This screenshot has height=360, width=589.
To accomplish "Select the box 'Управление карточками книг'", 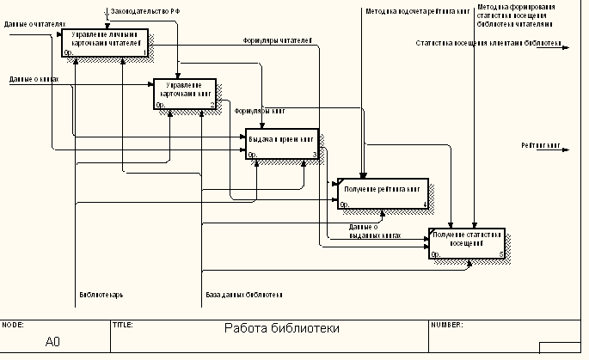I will [186, 94].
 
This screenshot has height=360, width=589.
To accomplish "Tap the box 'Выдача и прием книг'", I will [282, 143].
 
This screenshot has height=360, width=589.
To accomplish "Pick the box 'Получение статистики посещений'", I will [466, 243].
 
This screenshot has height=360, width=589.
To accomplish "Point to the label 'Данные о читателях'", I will [34, 25].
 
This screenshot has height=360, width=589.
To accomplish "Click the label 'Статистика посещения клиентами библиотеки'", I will [488, 42].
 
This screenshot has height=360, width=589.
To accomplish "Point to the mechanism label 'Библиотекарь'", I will [101, 295].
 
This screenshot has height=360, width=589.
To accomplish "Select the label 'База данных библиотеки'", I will [244, 295].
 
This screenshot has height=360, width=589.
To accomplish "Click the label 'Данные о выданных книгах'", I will [375, 230].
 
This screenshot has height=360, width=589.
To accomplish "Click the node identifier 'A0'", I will [52, 342].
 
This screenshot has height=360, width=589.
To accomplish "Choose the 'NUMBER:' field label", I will [448, 326].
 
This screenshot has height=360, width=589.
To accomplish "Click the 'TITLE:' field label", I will [122, 326].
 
